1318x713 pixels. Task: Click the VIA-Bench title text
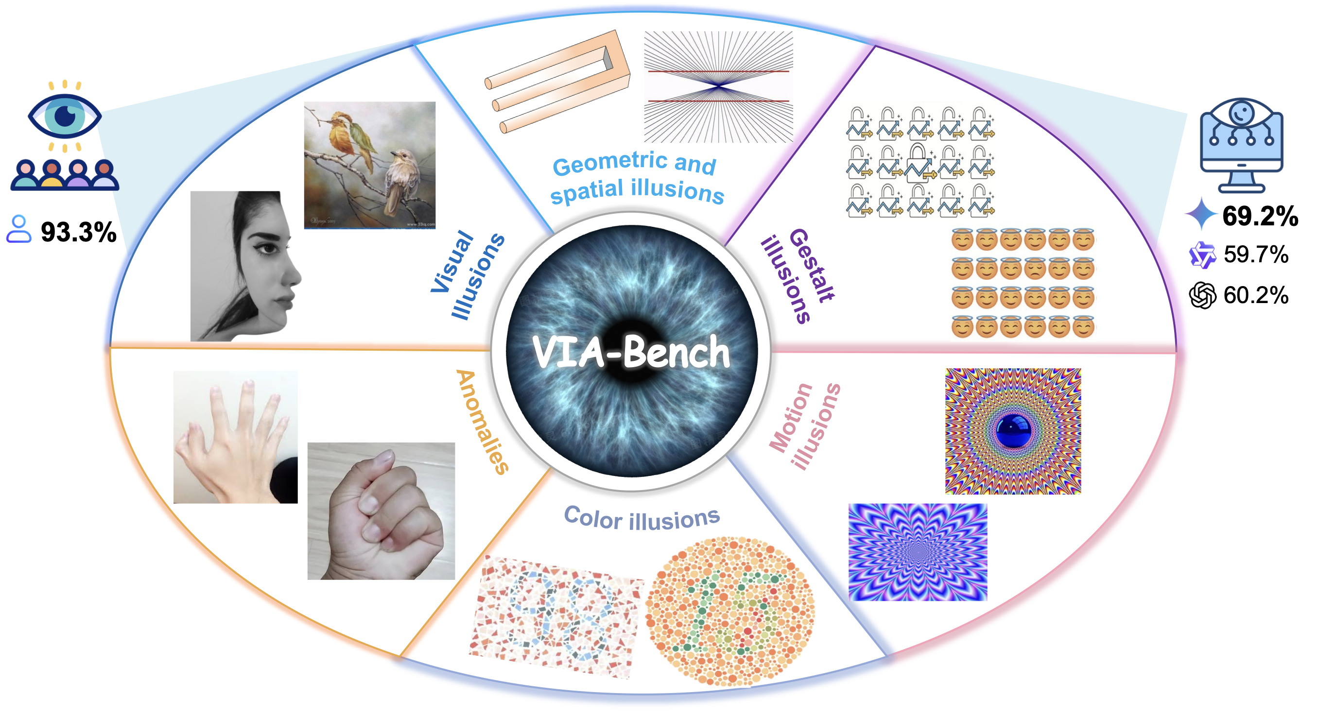click(631, 352)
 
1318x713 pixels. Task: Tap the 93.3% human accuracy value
click(78, 232)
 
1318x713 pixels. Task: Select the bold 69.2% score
click(1260, 216)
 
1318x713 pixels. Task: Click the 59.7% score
click(1256, 255)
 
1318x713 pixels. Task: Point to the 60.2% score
click(1256, 295)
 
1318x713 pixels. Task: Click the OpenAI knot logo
click(1202, 296)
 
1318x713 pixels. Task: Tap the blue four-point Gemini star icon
click(1200, 214)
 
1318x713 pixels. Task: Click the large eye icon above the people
click(65, 116)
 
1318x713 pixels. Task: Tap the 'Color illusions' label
click(642, 519)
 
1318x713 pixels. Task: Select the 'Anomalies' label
click(483, 422)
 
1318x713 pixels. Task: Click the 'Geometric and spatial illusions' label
click(637, 177)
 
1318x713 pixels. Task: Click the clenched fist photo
click(381, 511)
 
